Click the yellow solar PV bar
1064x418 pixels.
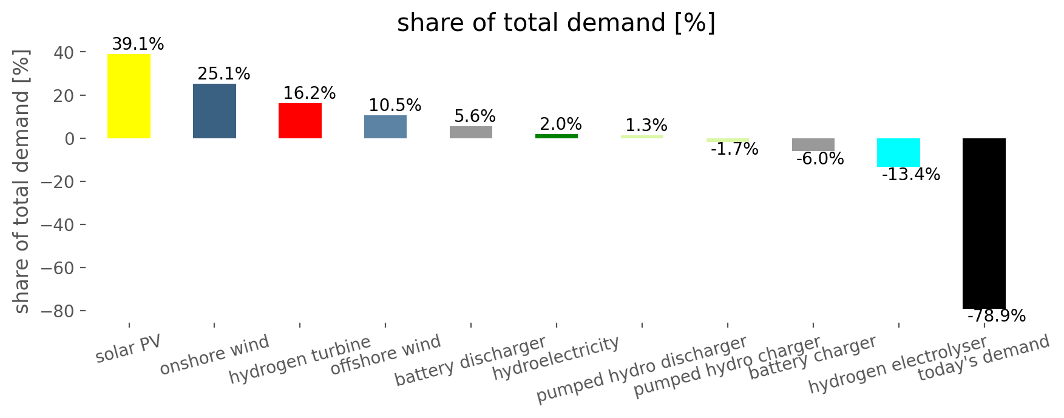pyautogui.click(x=129, y=96)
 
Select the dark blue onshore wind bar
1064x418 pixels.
pyautogui.click(x=214, y=111)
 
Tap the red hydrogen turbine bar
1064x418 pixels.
pyautogui.click(x=300, y=121)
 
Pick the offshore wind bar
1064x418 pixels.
pyautogui.click(x=385, y=127)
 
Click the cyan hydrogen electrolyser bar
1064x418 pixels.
pyautogui.click(x=898, y=152)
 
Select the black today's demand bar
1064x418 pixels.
pyautogui.click(x=984, y=223)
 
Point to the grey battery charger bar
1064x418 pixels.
pyautogui.click(x=813, y=144)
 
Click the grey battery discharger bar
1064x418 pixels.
pyautogui.click(x=471, y=132)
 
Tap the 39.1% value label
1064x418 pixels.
pyautogui.click(x=138, y=44)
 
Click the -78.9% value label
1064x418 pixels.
pyautogui.click(x=997, y=316)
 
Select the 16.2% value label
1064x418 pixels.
pyautogui.click(x=309, y=93)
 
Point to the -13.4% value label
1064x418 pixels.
pyautogui.click(x=911, y=175)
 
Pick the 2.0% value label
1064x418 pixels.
pyautogui.click(x=560, y=124)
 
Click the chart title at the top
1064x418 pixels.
pyautogui.click(x=556, y=23)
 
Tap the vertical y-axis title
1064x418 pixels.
pyautogui.click(x=22, y=182)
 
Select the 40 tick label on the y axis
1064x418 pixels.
pyautogui.click(x=66, y=52)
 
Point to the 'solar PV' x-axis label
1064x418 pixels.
pyautogui.click(x=128, y=349)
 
